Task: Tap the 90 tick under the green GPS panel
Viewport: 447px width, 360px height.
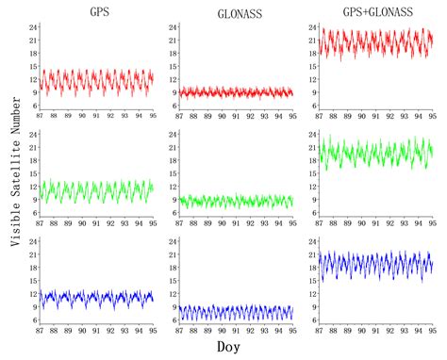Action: pyautogui.click(x=82, y=224)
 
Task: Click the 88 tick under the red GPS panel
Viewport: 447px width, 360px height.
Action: pyautogui.click(x=53, y=117)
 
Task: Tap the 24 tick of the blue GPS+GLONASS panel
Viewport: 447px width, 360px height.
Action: pyautogui.click(x=309, y=241)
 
